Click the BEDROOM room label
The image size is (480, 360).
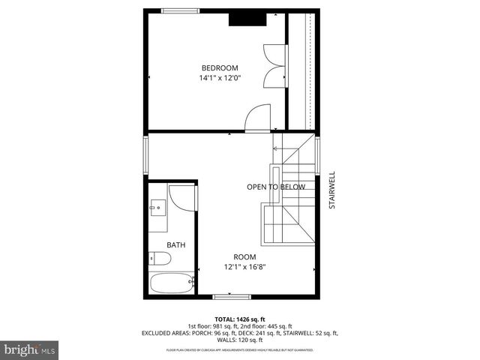coord(219,68)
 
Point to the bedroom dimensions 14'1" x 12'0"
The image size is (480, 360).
coord(219,78)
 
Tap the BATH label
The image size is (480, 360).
coord(175,245)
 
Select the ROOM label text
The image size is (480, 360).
coord(244,256)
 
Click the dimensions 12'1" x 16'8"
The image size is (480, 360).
coord(244,266)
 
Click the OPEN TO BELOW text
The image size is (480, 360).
coord(276,187)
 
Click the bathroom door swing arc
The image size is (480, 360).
coord(181,196)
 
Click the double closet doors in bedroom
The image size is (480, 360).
coord(274,66)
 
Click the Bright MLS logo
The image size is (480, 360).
coord(30,349)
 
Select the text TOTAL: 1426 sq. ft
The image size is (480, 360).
coord(240,319)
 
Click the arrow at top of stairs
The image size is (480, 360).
coord(276,148)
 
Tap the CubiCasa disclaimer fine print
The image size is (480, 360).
coord(240,350)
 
